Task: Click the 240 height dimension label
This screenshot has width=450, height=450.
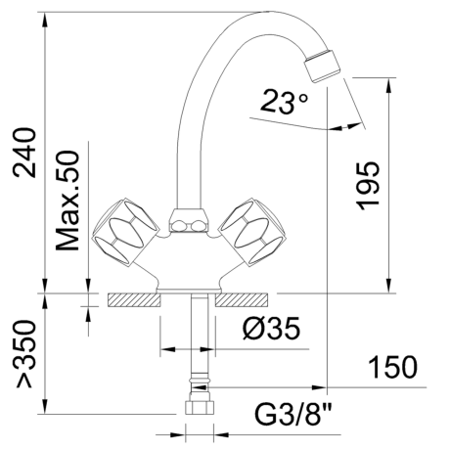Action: point(24,153)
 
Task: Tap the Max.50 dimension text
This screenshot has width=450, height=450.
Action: point(67,201)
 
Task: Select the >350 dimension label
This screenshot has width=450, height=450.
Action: point(25,354)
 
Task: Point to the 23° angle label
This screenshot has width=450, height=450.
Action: point(284,102)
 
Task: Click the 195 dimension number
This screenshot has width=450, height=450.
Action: point(368,185)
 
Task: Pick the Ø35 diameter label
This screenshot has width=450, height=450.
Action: point(272,329)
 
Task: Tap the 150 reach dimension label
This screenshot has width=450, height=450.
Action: point(392,367)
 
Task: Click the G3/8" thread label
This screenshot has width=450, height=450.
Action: point(292,415)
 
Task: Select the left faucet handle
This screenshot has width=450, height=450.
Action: point(125,232)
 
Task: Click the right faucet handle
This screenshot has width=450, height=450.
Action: point(252,232)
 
